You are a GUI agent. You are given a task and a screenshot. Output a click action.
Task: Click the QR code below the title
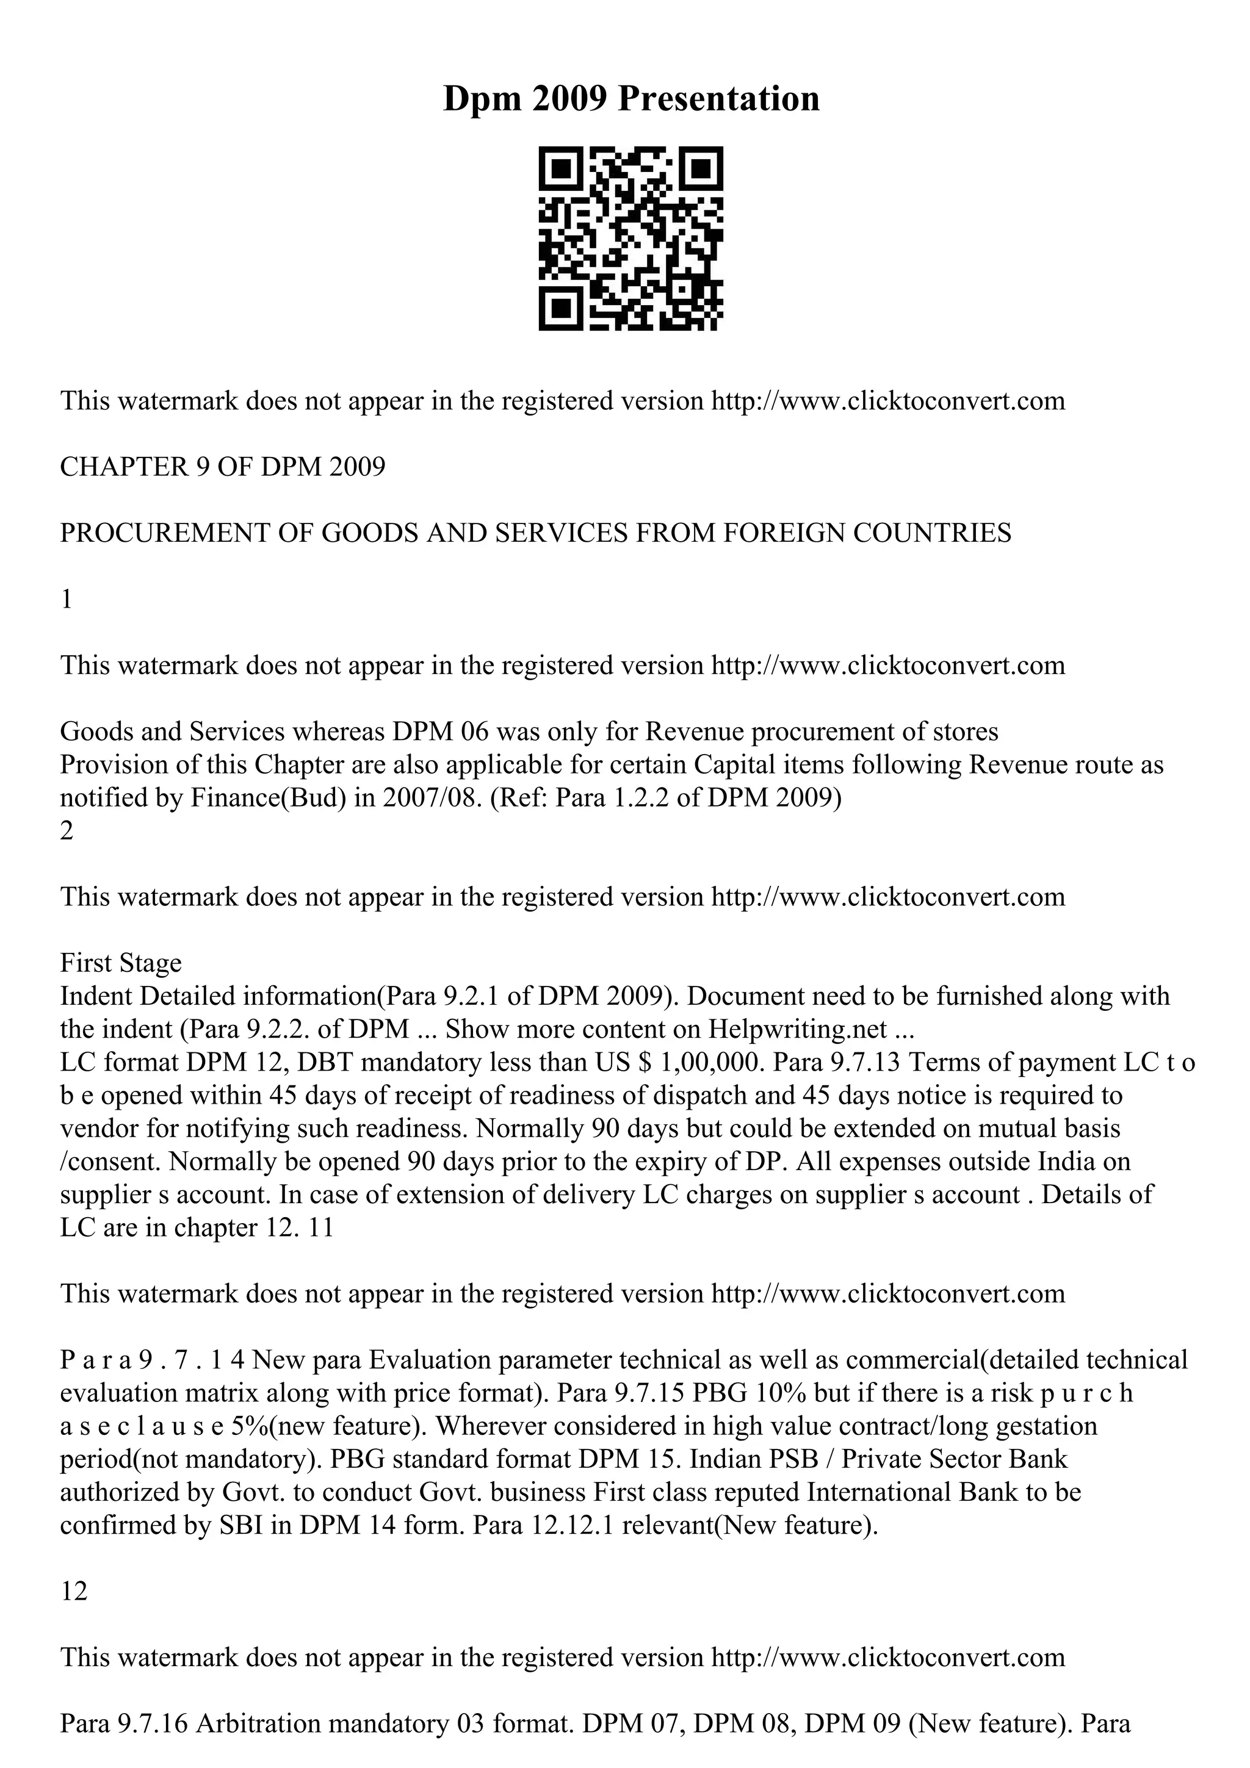[x=630, y=238]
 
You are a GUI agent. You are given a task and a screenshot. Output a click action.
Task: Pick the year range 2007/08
[x=417, y=798]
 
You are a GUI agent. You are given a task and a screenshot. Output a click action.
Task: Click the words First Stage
[x=121, y=963]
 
